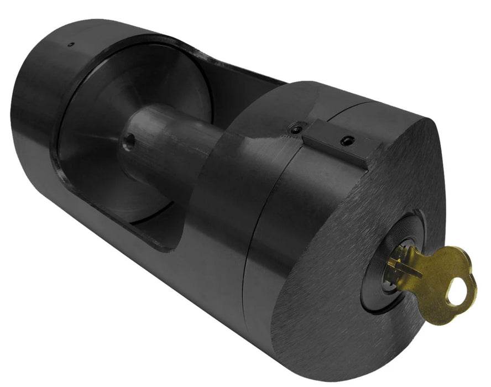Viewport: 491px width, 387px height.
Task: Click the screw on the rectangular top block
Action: (347, 140)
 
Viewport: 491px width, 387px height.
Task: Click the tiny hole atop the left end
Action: (70, 44)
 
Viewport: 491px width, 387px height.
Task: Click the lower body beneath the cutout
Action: (138, 265)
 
